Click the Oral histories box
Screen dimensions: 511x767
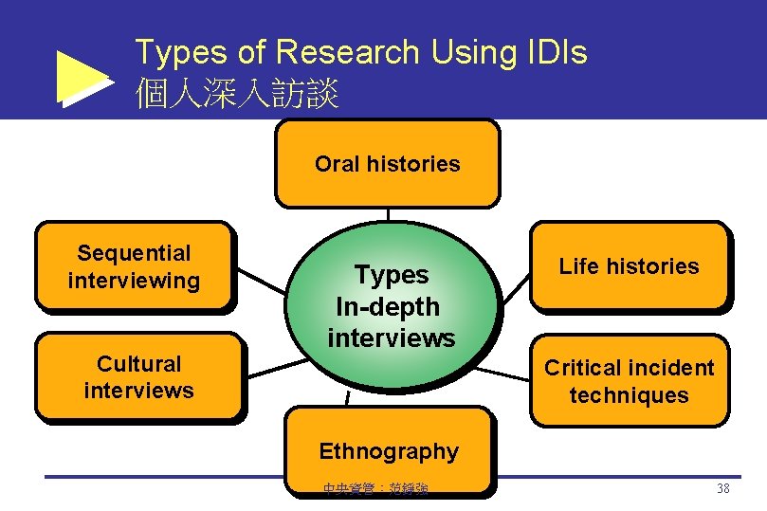click(387, 163)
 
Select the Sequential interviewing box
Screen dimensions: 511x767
click(134, 266)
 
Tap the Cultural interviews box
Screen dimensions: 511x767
click(138, 376)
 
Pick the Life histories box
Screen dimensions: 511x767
click(629, 266)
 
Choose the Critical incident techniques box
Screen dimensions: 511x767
click(629, 381)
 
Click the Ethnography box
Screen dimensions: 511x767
click(389, 450)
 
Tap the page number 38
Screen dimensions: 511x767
click(722, 489)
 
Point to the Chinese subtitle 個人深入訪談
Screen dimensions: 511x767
click(237, 93)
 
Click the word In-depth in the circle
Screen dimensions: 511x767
click(388, 306)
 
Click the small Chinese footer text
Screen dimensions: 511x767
click(374, 489)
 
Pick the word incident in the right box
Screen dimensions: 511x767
click(668, 368)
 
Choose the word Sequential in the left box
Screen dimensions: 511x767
click(134, 253)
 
